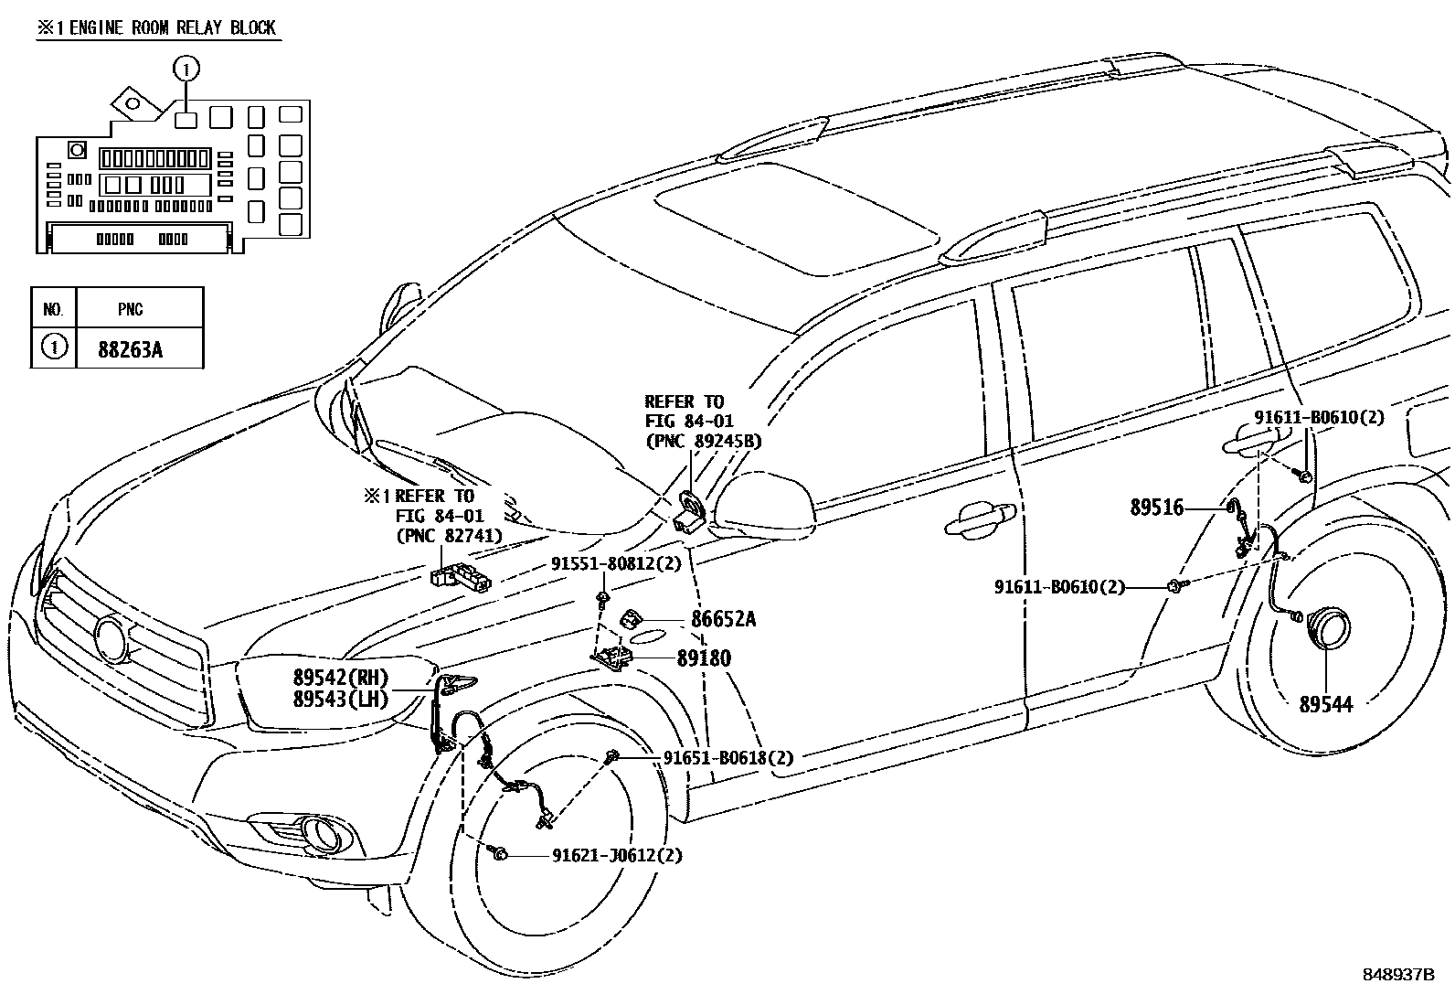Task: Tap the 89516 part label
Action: pyautogui.click(x=1156, y=508)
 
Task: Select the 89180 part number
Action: pyautogui.click(x=704, y=658)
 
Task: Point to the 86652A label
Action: pyautogui.click(x=723, y=620)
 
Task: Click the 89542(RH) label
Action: pyautogui.click(x=341, y=679)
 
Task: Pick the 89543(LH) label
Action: pyautogui.click(x=341, y=700)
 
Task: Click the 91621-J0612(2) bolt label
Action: pyautogui.click(x=617, y=856)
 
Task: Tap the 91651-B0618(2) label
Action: pyautogui.click(x=728, y=757)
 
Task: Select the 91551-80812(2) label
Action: pyautogui.click(x=616, y=564)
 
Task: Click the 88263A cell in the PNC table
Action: pyautogui.click(x=130, y=349)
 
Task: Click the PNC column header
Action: pyautogui.click(x=130, y=309)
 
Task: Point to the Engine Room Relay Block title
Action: pyautogui.click(x=156, y=27)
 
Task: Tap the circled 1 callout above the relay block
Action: pyautogui.click(x=186, y=68)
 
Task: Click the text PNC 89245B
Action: pyautogui.click(x=703, y=441)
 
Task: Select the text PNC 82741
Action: pyautogui.click(x=449, y=536)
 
